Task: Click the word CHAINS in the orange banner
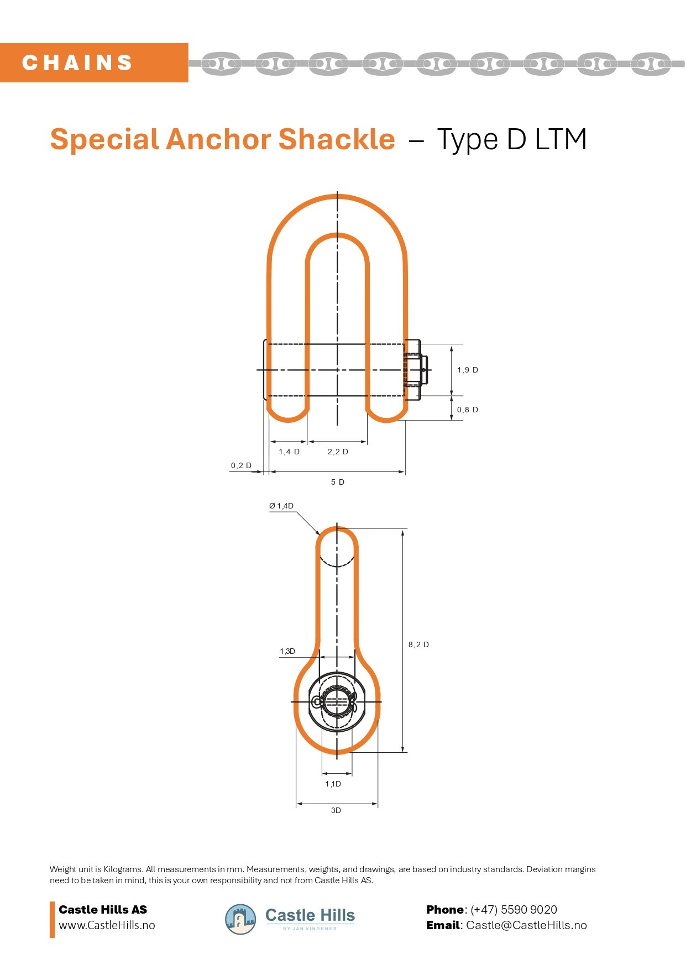tap(77, 62)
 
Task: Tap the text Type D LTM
tap(511, 139)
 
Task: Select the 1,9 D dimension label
tap(468, 370)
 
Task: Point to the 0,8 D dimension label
tap(468, 410)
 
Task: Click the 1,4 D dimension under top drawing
tap(289, 452)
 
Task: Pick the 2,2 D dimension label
tap(338, 452)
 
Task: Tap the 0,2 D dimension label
tap(241, 465)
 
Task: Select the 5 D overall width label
tap(338, 482)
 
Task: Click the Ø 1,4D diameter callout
tap(281, 506)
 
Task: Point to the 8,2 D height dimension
tap(418, 644)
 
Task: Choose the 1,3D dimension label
tap(287, 651)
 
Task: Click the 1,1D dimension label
tap(333, 784)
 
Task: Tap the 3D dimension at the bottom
tap(336, 810)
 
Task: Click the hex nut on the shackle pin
tap(413, 370)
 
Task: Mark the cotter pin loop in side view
tap(317, 702)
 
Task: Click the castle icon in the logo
tap(240, 919)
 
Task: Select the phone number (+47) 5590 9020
tap(514, 909)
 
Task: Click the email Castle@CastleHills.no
tap(526, 925)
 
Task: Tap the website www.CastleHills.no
tap(107, 925)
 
